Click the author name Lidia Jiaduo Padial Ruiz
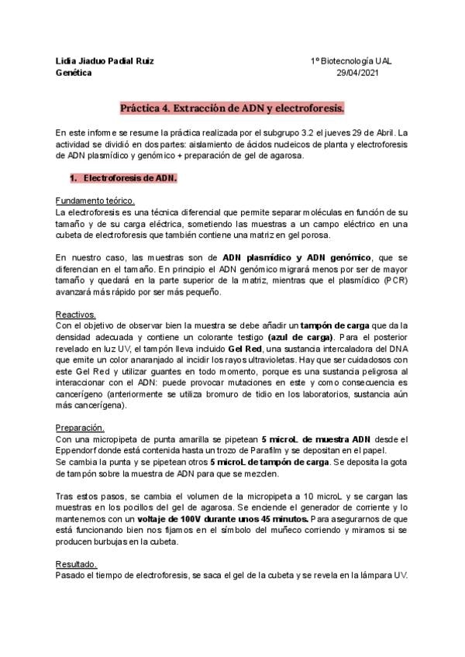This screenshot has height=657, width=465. click(x=105, y=60)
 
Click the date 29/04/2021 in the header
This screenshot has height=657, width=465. click(x=358, y=73)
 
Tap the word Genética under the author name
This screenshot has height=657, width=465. click(x=74, y=73)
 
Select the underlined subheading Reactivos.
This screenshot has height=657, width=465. click(x=76, y=315)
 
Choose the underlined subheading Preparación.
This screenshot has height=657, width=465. click(x=81, y=428)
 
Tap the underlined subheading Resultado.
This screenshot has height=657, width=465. click(x=77, y=564)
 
